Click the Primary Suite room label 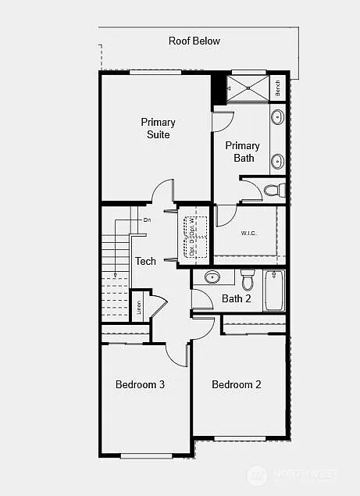point(158,128)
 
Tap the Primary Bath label point(243,152)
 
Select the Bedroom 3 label point(140,384)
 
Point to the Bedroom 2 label point(236,384)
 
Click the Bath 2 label point(237,298)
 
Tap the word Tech point(145,262)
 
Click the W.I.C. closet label point(249,232)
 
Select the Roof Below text point(194,41)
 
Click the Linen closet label point(138,307)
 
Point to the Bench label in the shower point(278,87)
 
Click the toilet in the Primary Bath point(273,189)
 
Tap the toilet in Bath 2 point(248,278)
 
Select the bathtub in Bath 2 point(274,291)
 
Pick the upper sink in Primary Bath point(277,119)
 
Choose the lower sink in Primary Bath point(277,162)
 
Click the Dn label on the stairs point(147,220)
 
